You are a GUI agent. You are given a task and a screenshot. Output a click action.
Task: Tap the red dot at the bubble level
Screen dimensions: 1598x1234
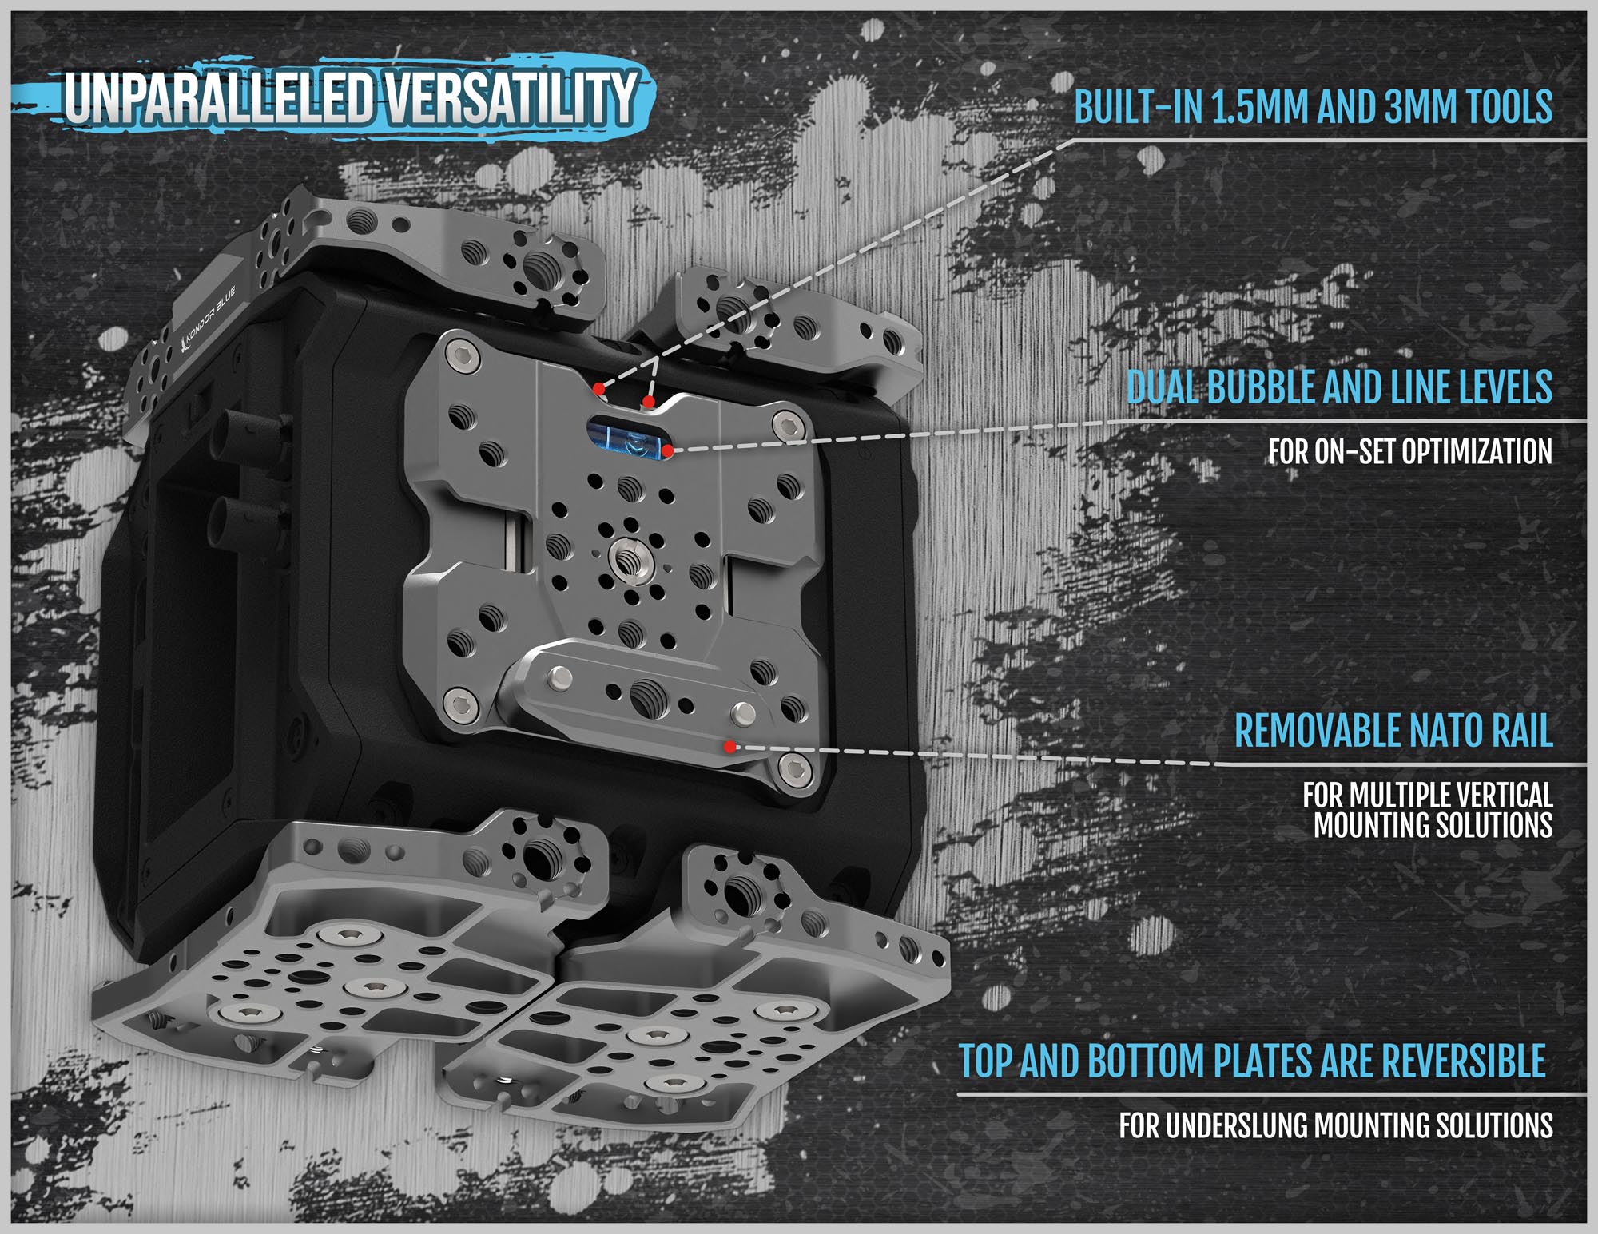point(667,451)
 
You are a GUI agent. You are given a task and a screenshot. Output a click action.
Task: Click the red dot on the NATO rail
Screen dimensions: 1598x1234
point(729,747)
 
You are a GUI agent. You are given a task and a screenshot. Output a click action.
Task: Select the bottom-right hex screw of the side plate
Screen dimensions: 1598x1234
point(794,769)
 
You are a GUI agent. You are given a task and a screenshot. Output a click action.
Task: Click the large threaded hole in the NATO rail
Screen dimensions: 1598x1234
point(644,694)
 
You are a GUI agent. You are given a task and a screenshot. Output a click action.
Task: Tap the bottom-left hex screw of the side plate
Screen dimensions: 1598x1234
point(460,701)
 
